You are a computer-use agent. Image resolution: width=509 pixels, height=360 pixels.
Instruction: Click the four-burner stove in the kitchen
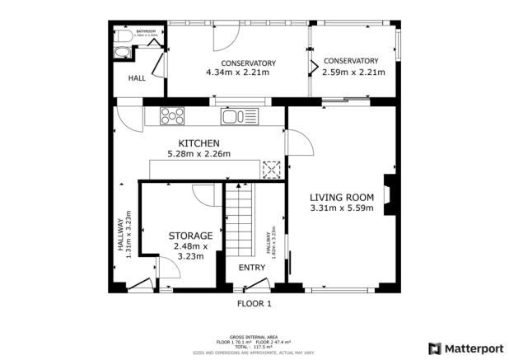pyautogui.click(x=172, y=116)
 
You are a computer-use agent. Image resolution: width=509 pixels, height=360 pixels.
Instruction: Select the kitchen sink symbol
pyautogui.click(x=240, y=117)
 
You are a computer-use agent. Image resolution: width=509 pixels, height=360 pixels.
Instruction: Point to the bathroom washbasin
pyautogui.click(x=122, y=54)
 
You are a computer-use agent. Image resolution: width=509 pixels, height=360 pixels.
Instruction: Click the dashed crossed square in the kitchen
pyautogui.click(x=271, y=169)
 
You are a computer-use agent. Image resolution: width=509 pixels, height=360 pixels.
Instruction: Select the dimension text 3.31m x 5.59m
pyautogui.click(x=342, y=208)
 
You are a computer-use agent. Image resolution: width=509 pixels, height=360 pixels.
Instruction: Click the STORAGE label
pyautogui.click(x=190, y=236)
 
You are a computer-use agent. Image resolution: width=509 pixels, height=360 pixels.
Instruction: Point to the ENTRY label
pyautogui.click(x=251, y=268)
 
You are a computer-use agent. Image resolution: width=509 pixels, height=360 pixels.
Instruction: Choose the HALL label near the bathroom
pyautogui.click(x=137, y=78)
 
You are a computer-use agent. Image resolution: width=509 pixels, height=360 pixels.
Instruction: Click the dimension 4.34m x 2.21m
pyautogui.click(x=237, y=72)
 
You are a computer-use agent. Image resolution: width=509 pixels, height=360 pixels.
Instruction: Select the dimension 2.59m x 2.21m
pyautogui.click(x=350, y=72)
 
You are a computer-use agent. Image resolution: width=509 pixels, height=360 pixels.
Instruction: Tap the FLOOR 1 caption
pyautogui.click(x=254, y=303)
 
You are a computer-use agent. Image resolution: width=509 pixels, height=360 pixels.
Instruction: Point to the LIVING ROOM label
pyautogui.click(x=342, y=197)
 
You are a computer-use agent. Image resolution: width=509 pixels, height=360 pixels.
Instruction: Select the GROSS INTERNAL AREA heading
pyautogui.click(x=254, y=336)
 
